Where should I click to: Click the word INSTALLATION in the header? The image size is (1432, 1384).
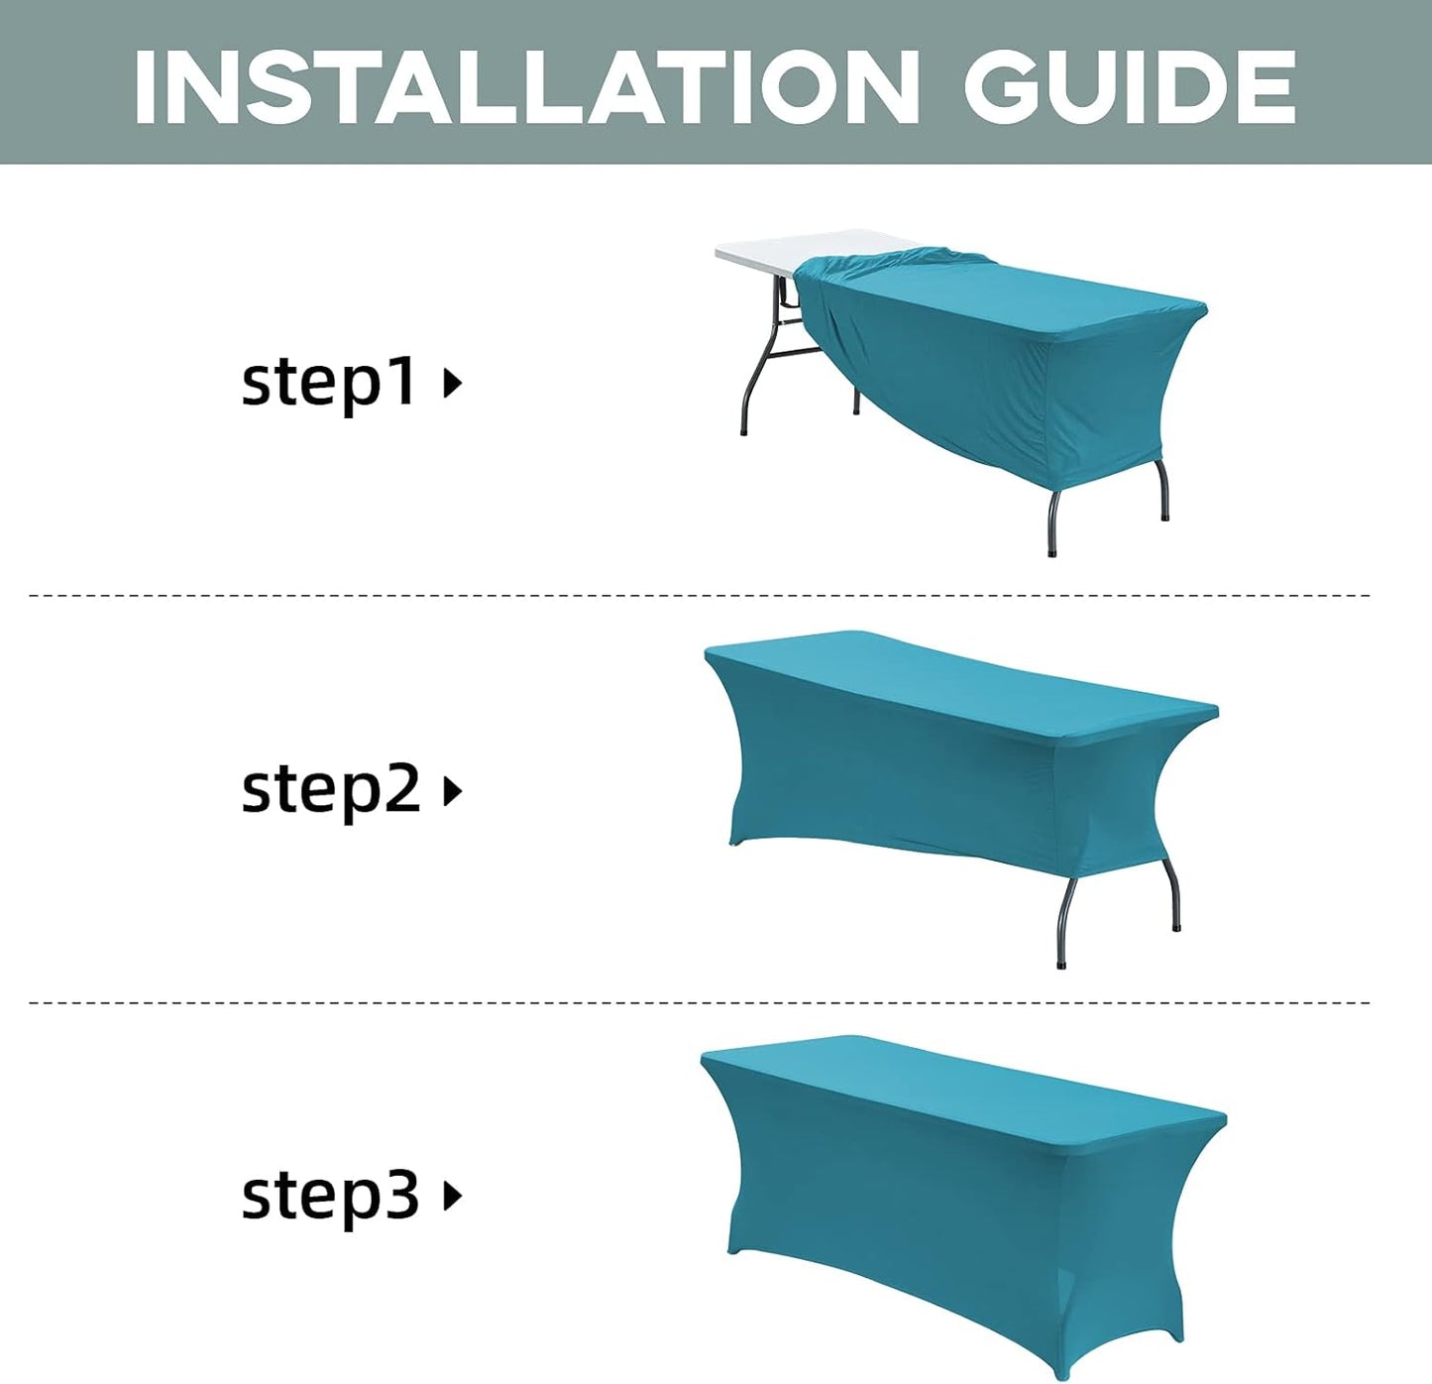click(x=525, y=87)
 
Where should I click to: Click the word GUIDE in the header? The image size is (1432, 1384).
click(x=1130, y=87)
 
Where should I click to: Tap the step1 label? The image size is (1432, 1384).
click(x=329, y=382)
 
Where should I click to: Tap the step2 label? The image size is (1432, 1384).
click(x=331, y=790)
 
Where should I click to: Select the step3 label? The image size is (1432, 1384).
click(x=331, y=1196)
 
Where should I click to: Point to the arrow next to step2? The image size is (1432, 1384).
click(x=453, y=791)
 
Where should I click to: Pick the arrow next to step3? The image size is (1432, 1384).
click(x=453, y=1196)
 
